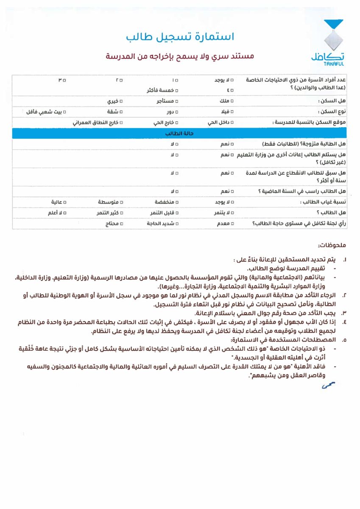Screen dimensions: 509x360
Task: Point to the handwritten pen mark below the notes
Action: pyautogui.click(x=328, y=386)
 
